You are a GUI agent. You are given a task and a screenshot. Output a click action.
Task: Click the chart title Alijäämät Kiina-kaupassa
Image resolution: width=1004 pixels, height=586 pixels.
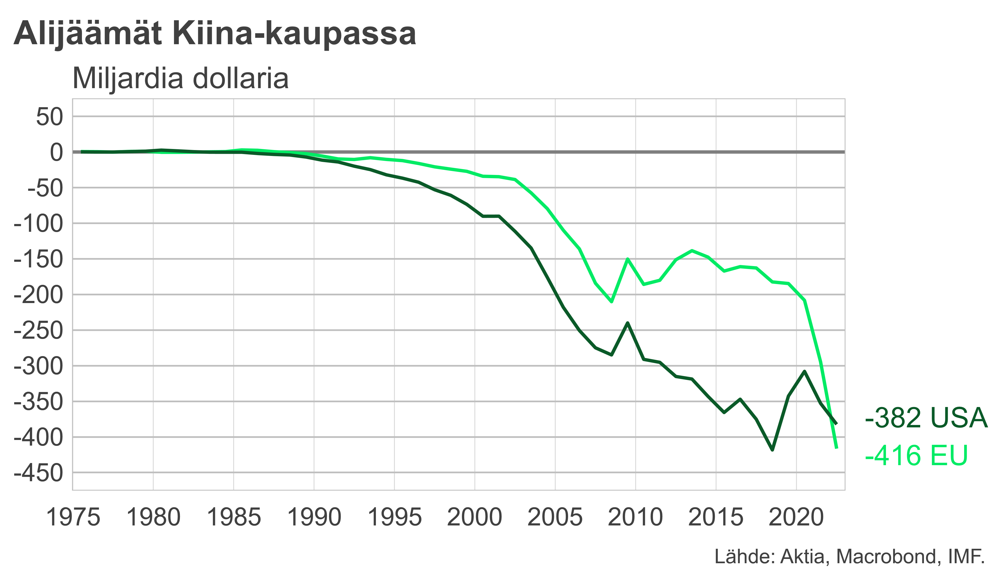[x=215, y=33]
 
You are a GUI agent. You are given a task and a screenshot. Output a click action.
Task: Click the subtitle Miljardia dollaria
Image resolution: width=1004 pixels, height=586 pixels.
[x=180, y=79]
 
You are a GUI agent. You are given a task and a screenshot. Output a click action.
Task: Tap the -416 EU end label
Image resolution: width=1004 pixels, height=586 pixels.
[x=916, y=455]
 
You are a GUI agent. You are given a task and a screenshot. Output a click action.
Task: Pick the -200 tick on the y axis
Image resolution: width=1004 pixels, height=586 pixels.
[x=39, y=295]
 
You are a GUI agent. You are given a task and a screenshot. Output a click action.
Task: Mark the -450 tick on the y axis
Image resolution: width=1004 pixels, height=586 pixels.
[x=39, y=473]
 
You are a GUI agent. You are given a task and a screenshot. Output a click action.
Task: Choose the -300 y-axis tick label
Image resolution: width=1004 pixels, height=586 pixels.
[x=39, y=366]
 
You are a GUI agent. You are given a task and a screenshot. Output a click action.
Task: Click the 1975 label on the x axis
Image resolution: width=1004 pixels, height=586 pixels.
[x=73, y=517]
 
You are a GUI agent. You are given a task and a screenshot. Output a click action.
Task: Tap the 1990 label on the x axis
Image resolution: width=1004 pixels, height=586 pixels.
[x=314, y=517]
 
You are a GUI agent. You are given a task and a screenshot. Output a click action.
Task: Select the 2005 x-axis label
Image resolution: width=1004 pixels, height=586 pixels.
[x=555, y=517]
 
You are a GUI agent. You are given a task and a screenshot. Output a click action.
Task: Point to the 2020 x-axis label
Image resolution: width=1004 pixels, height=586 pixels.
[x=796, y=517]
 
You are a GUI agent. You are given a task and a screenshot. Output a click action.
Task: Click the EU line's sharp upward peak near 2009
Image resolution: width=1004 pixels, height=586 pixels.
[x=628, y=259]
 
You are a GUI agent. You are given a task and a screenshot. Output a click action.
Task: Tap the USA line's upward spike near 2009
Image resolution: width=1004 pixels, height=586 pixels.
[x=628, y=323]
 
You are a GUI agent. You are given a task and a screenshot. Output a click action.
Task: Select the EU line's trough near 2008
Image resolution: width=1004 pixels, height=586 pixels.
[x=612, y=302]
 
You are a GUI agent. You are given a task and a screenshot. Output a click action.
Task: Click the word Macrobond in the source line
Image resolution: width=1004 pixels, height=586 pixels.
[x=887, y=557]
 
